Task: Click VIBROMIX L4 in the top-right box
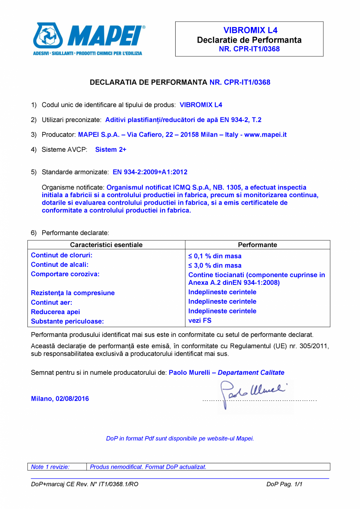pos(250,30)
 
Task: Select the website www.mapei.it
pos(265,135)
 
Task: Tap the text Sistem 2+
pos(111,149)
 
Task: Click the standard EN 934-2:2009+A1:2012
pos(150,172)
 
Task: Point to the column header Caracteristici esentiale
pos(106,245)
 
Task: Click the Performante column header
pos(257,245)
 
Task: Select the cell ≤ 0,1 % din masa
pos(215,256)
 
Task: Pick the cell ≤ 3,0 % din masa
pos(215,266)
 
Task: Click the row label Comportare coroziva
pos(65,274)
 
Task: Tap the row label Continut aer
pos(52,302)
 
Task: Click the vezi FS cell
pos(200,320)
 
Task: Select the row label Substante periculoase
pos(67,321)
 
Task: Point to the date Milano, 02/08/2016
pos(60,399)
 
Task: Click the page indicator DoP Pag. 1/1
pos(284,484)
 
